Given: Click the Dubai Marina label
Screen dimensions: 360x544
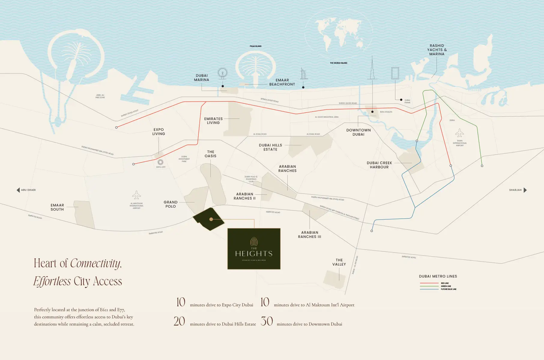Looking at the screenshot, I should (201, 78).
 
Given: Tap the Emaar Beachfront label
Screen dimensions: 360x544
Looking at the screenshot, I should (282, 82).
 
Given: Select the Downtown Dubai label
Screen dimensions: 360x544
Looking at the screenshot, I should (358, 132).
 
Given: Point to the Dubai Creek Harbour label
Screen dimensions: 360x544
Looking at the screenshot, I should (379, 165).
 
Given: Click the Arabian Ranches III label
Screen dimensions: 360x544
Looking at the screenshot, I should (310, 235).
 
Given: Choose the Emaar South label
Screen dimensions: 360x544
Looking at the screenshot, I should (57, 207).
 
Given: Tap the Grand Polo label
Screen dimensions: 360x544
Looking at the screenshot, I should (171, 204).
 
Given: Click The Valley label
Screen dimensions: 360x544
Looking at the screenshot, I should (339, 262).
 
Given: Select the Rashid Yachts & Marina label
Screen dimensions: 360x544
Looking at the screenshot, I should (437, 50).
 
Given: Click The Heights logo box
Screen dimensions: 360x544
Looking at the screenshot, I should (254, 249).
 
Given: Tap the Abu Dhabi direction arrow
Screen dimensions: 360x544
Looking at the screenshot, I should (18, 190).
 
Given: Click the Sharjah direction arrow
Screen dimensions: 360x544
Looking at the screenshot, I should (525, 190).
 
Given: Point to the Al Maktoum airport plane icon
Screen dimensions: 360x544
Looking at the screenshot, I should (137, 195).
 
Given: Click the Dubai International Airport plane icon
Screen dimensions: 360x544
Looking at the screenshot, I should (459, 133).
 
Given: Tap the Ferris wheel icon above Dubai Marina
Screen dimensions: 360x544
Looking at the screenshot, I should (222, 73).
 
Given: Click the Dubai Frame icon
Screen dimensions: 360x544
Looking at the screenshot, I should (395, 73).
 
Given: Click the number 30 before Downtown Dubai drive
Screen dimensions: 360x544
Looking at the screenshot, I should (267, 321).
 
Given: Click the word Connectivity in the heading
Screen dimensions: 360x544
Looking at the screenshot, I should (95, 263).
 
